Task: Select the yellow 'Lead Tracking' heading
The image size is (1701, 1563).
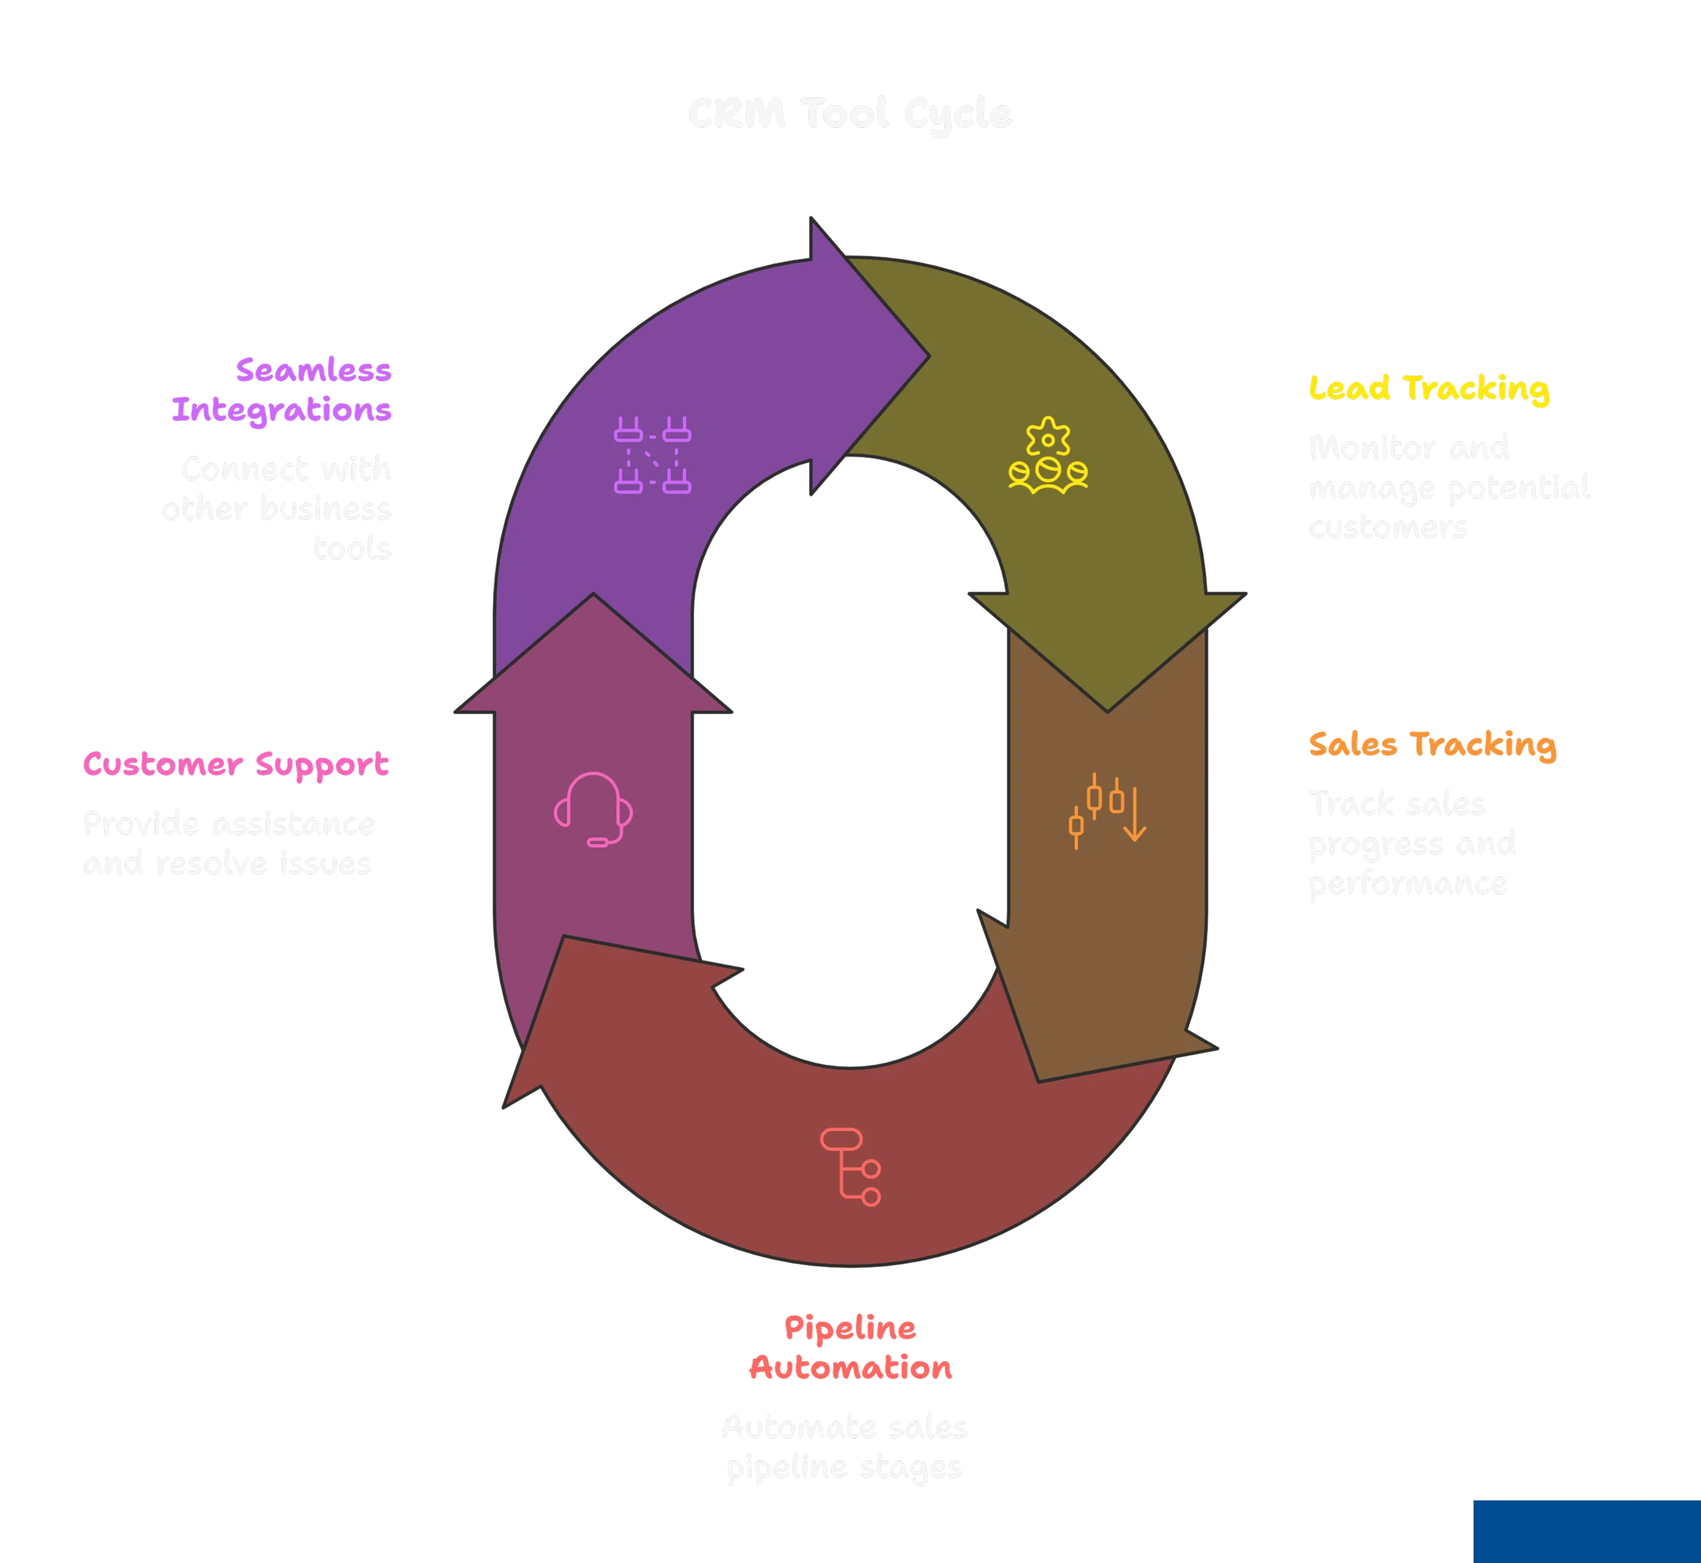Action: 1429,388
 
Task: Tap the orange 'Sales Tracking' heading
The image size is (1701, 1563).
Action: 1431,744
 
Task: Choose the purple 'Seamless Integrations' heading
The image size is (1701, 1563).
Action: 282,390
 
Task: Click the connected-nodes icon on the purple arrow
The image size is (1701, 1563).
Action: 652,455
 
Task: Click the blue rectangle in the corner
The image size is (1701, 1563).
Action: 1586,1531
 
